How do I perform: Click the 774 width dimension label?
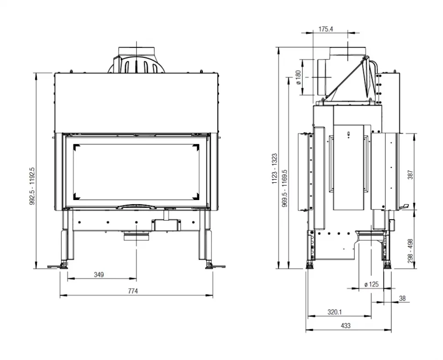pyautogui.click(x=133, y=291)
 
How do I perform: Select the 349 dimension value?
pyautogui.click(x=99, y=274)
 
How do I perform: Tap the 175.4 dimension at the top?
pyautogui.click(x=326, y=29)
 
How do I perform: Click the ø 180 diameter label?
pyautogui.click(x=298, y=78)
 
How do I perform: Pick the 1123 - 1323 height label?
pyautogui.click(x=274, y=169)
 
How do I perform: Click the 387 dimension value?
pyautogui.click(x=410, y=174)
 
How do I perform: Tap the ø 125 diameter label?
pyautogui.click(x=371, y=284)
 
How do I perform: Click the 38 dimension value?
pyautogui.click(x=402, y=298)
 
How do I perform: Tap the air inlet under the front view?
pyautogui.click(x=136, y=236)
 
